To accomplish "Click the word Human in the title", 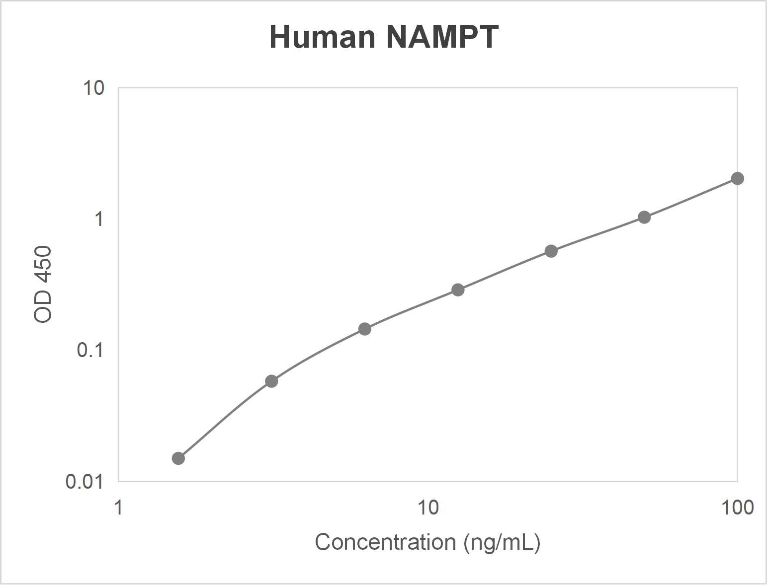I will point(322,37).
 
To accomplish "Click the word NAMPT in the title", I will point(442,37).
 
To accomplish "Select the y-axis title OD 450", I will point(43,284).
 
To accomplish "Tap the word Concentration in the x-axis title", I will point(385,542).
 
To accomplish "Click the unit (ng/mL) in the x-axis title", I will point(502,542).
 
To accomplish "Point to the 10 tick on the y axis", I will point(93,88).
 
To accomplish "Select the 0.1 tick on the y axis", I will point(90,350).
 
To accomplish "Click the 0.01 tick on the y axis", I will point(85,481).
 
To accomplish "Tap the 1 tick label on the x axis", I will point(118,508).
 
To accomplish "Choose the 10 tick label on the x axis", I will point(427,508).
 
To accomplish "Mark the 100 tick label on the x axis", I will point(737,508).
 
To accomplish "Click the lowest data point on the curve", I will point(178,458).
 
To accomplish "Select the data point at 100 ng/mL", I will point(737,178).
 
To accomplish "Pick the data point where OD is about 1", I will point(644,217).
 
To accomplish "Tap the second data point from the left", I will point(271,381).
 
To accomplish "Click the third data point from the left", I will point(365,329).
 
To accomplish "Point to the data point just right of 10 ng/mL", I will point(458,290).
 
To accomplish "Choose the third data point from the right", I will point(551,251).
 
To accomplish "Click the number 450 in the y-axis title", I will point(43,264).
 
